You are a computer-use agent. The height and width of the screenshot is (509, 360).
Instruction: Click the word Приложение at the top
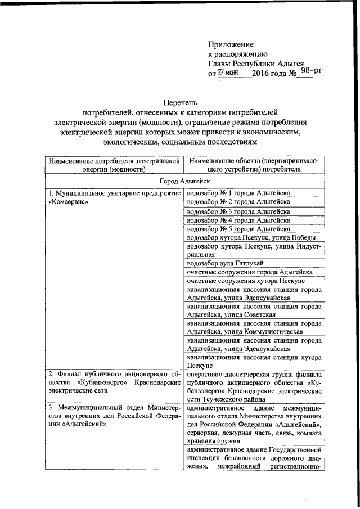click(231, 44)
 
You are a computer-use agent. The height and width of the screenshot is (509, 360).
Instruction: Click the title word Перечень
click(181, 103)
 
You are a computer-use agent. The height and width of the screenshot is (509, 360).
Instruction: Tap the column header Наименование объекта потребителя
click(254, 164)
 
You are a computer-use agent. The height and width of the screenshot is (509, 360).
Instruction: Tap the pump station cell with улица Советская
click(254, 310)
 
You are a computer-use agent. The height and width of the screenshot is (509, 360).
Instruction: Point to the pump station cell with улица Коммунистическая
click(254, 328)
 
